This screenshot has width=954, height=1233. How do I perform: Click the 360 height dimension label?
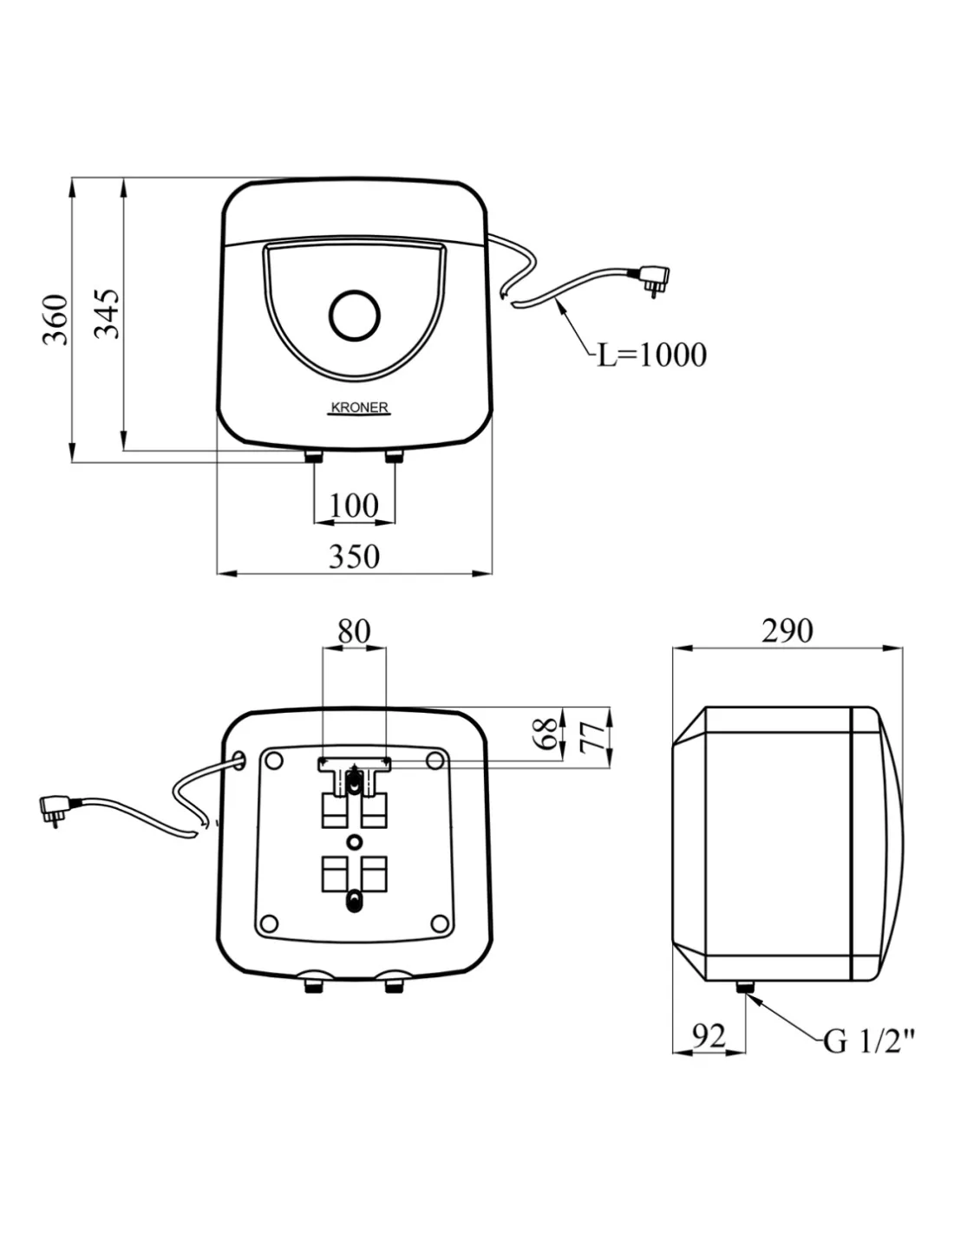pyautogui.click(x=56, y=319)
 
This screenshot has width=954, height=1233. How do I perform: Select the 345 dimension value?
pyautogui.click(x=108, y=313)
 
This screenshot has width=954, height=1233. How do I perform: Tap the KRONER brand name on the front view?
pyautogui.click(x=360, y=408)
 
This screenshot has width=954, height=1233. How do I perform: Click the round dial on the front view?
pyautogui.click(x=355, y=314)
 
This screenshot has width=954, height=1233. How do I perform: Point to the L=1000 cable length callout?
pyautogui.click(x=651, y=355)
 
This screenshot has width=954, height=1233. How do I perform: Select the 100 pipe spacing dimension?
pyautogui.click(x=354, y=506)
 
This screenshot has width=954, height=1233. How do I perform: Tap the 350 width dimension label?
pyautogui.click(x=354, y=556)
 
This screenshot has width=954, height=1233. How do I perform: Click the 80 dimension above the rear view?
pyautogui.click(x=354, y=631)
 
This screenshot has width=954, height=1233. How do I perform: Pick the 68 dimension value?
pyautogui.click(x=546, y=734)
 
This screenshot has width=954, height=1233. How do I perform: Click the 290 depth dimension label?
pyautogui.click(x=787, y=630)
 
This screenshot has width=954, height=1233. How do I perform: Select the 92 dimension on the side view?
pyautogui.click(x=709, y=1035)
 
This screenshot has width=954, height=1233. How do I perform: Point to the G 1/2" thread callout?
pyautogui.click(x=869, y=1040)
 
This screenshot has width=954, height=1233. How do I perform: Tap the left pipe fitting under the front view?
pyautogui.click(x=313, y=456)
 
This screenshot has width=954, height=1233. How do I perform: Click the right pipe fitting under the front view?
pyautogui.click(x=394, y=456)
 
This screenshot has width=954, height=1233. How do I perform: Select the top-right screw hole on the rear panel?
pyautogui.click(x=435, y=760)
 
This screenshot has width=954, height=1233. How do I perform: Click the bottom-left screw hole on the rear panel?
pyautogui.click(x=270, y=923)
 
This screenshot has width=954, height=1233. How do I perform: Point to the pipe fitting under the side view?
pyautogui.click(x=744, y=987)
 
